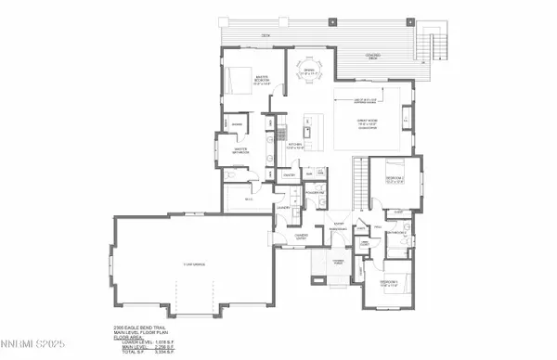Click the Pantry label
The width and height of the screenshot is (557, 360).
tap(289, 174)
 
